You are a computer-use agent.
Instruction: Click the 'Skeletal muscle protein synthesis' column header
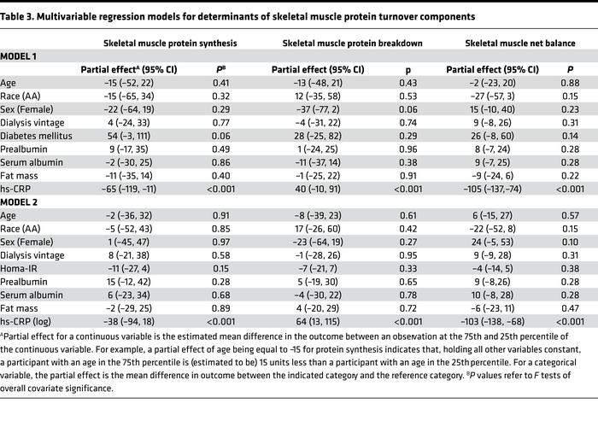pos(158,41)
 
